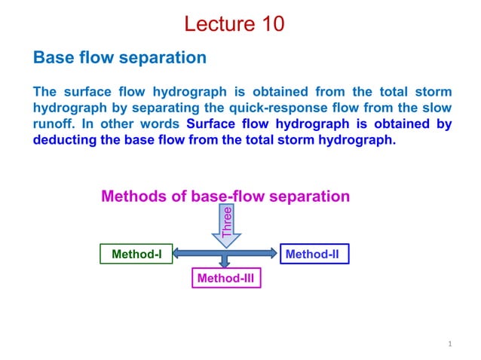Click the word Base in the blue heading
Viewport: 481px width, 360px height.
point(52,57)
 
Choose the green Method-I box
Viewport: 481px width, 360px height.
point(136,255)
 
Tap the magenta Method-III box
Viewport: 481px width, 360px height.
point(225,279)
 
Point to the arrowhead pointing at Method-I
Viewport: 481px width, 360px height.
point(179,255)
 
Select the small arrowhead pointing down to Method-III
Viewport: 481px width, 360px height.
point(225,264)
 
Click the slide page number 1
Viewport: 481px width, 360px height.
point(449,344)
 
